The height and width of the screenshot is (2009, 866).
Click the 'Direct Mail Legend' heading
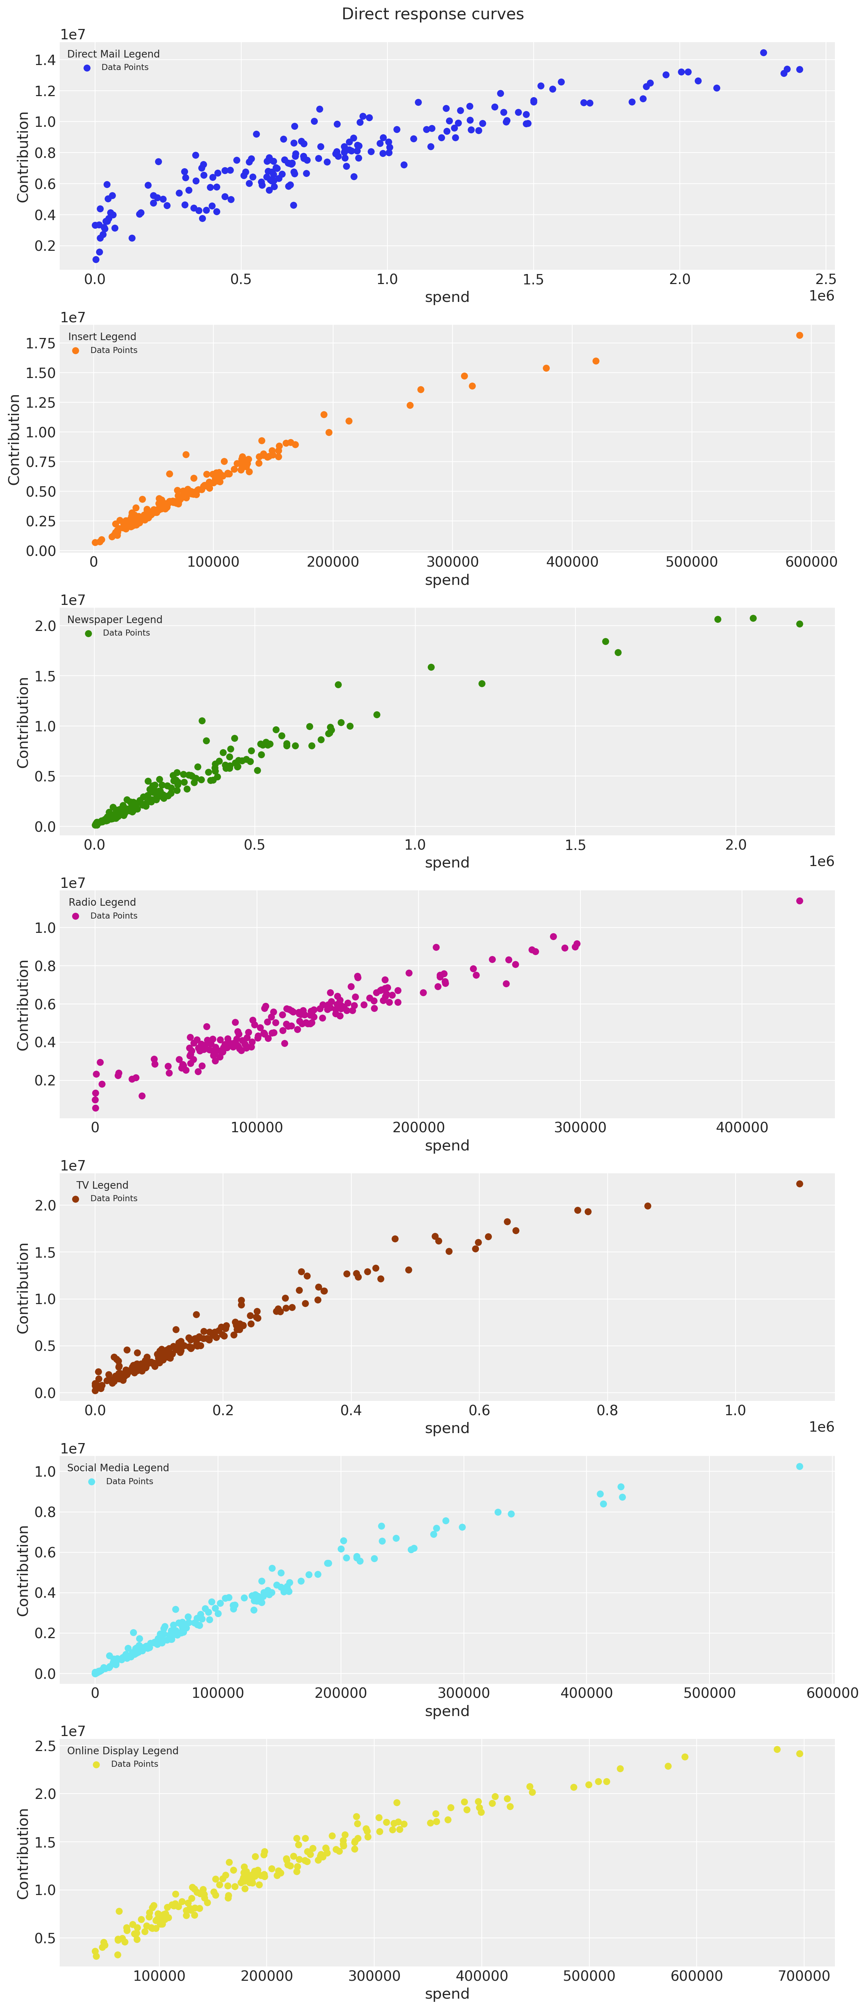pos(113,54)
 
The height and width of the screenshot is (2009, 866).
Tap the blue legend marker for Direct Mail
pos(86,68)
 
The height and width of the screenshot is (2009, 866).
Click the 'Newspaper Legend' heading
pos(115,619)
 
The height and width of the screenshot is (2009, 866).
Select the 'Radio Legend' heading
pos(102,902)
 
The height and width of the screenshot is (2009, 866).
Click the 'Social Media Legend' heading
pos(118,1468)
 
